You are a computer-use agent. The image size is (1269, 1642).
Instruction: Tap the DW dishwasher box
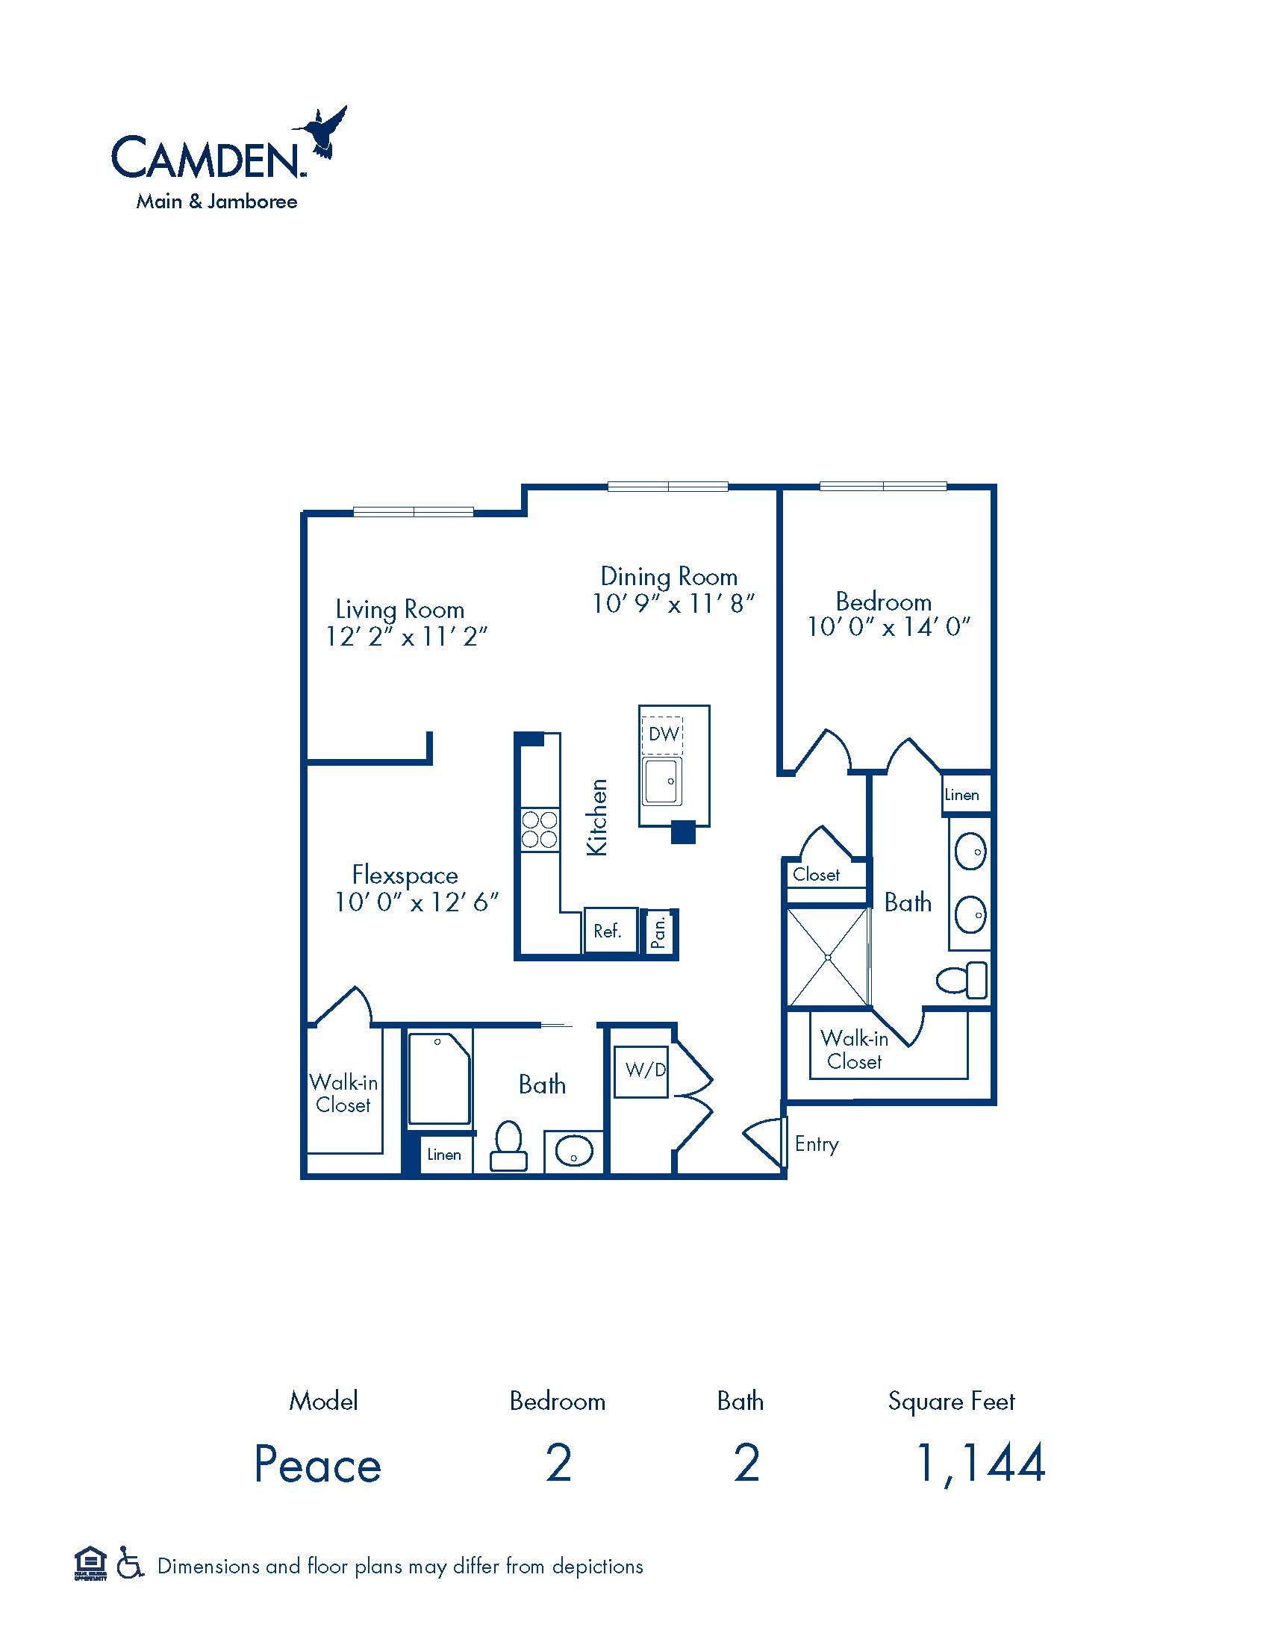[663, 734]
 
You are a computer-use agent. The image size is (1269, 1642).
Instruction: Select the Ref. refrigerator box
[608, 931]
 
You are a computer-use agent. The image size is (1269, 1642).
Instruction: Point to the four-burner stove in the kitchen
[540, 829]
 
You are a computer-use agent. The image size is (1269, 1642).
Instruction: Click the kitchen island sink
[662, 781]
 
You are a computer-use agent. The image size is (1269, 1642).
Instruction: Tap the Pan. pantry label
[658, 932]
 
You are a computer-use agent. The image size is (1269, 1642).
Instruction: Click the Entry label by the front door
[817, 1144]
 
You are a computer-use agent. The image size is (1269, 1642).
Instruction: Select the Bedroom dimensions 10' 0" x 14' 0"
[888, 627]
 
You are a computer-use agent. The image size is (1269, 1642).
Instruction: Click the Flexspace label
[405, 875]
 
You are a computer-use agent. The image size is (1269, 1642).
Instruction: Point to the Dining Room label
[668, 577]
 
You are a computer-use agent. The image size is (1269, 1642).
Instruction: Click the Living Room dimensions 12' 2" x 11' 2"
[406, 637]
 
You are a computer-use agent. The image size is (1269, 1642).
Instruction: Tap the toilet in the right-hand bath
[963, 981]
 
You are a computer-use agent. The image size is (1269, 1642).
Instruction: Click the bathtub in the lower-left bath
[439, 1079]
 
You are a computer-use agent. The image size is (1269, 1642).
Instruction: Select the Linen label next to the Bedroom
[961, 795]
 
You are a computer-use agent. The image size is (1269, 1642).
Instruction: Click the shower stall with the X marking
[827, 957]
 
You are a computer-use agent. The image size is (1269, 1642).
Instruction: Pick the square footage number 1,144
[980, 1463]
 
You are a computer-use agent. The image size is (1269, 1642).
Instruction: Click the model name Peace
[318, 1464]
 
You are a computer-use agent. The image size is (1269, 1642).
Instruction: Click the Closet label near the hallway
[816, 875]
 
